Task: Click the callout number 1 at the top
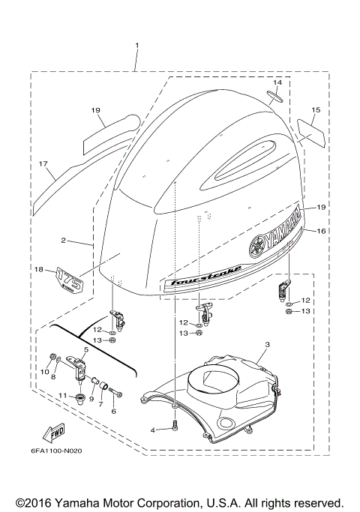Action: point(137,46)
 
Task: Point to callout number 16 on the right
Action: point(321,232)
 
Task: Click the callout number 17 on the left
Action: point(43,163)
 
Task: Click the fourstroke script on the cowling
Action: point(196,279)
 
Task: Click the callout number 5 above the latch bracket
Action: point(86,349)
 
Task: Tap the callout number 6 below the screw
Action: point(113,412)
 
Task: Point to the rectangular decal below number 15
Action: point(307,132)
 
